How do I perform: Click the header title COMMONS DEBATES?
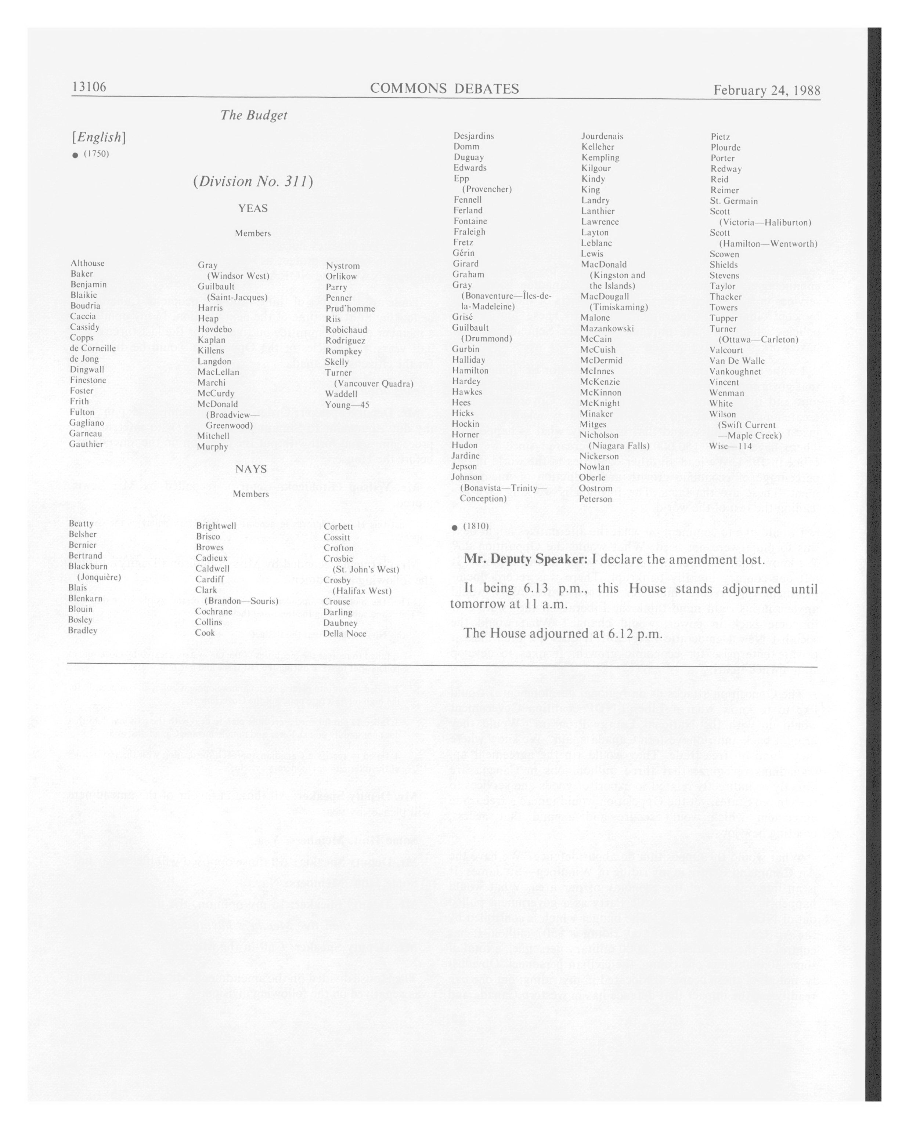click(x=444, y=88)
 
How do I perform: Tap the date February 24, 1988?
click(x=766, y=90)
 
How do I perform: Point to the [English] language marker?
click(x=98, y=137)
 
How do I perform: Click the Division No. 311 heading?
click(x=253, y=181)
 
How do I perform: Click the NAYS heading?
click(x=251, y=469)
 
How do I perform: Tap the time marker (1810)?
click(x=476, y=526)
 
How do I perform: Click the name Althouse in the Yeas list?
click(x=87, y=263)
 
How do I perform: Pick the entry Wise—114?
click(x=731, y=446)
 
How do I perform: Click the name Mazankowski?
click(x=607, y=328)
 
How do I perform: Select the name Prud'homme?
click(x=350, y=308)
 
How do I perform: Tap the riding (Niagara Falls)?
click(x=619, y=446)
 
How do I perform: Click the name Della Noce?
click(x=345, y=634)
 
